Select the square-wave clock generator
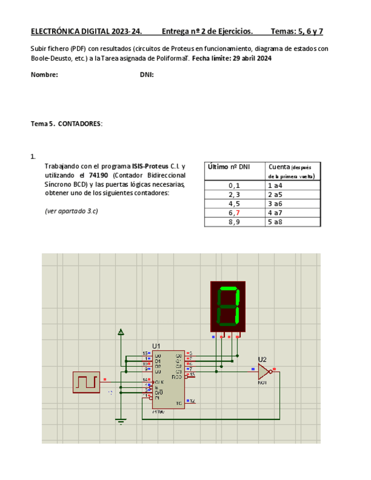tap(86, 382)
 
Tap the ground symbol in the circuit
tap(120, 420)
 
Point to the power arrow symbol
tap(120, 333)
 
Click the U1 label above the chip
tap(156, 345)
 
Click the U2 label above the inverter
tap(262, 359)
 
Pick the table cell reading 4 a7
tap(275, 213)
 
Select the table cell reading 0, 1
tap(234, 185)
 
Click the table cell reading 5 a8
tap(275, 222)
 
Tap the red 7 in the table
tap(238, 213)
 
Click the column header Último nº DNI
tap(228, 166)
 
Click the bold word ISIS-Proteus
tap(150, 166)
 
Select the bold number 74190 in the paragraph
tap(99, 175)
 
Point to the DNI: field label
tap(147, 75)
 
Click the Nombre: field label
tap(44, 75)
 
